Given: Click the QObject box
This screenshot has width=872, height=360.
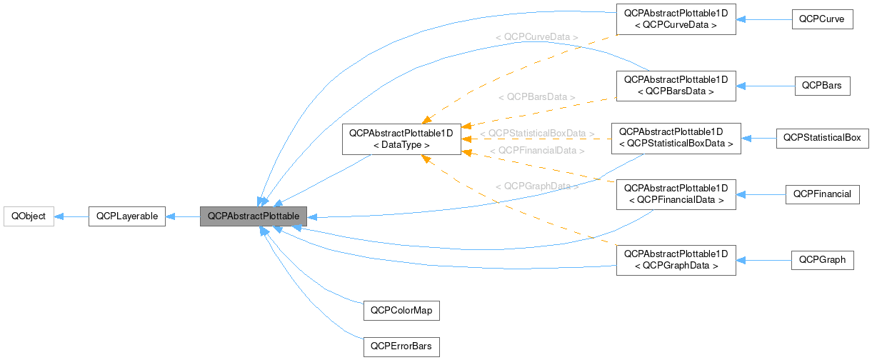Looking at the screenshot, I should pyautogui.click(x=29, y=216).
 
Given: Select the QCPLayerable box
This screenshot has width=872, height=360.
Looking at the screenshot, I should pyautogui.click(x=127, y=216).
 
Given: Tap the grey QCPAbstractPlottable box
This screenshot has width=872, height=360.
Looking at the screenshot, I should pyautogui.click(x=254, y=216).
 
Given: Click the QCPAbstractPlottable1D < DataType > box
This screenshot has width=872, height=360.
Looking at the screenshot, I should pyautogui.click(x=401, y=139).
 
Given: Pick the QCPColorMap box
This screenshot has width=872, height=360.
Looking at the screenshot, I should pyautogui.click(x=401, y=311).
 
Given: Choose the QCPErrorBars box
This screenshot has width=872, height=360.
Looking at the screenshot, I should pyautogui.click(x=401, y=347).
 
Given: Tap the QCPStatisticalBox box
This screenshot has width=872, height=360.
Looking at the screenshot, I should pyautogui.click(x=822, y=138).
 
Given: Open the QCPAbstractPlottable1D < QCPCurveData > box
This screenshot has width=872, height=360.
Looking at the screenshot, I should pyautogui.click(x=676, y=19).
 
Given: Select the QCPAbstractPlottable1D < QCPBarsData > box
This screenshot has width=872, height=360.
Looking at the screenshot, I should pyautogui.click(x=676, y=86).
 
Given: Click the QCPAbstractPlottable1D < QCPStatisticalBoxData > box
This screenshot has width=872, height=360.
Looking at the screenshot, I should pyautogui.click(x=676, y=138).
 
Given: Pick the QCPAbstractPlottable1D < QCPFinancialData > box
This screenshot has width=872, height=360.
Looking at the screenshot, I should pyautogui.click(x=676, y=194).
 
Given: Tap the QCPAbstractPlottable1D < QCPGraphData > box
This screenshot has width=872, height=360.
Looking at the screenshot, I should pyautogui.click(x=676, y=260).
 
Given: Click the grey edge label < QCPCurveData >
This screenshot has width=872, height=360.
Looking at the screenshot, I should pyautogui.click(x=536, y=36).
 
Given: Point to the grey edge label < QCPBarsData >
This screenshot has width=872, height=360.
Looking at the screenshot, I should pyautogui.click(x=537, y=96).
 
